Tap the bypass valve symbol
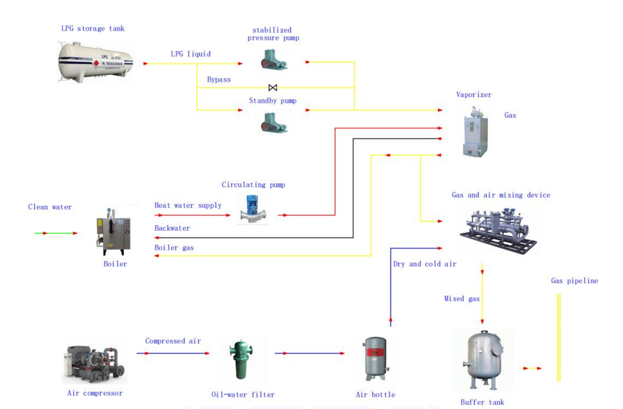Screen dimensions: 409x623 tap(272, 87)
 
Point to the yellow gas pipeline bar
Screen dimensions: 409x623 tap(559, 337)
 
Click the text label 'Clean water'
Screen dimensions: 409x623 tap(50, 207)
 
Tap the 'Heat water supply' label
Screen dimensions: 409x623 tap(188, 205)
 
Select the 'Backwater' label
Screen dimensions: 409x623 tap(172, 228)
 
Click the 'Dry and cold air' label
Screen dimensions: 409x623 tap(424, 264)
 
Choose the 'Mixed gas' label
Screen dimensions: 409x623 tap(462, 299)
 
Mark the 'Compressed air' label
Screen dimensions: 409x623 tap(173, 341)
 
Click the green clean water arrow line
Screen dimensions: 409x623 tap(56, 233)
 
